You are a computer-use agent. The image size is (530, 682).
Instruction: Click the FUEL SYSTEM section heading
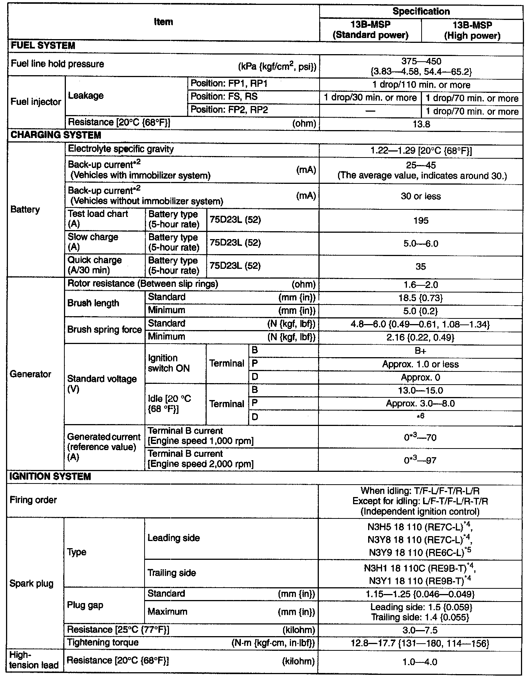click(43, 46)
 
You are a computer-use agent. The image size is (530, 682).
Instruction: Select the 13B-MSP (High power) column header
click(472, 30)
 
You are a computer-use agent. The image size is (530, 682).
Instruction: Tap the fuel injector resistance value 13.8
click(421, 124)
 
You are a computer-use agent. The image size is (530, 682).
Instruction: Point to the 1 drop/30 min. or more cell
click(370, 98)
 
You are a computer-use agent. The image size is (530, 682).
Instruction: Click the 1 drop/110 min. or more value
click(421, 85)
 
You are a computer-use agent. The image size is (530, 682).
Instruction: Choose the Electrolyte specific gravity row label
click(121, 149)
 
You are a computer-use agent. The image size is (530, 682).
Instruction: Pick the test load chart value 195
click(421, 220)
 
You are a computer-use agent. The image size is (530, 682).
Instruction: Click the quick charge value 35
click(421, 267)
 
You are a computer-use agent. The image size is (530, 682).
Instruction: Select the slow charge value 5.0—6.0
click(421, 244)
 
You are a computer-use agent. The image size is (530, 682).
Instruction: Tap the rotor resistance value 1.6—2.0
click(421, 285)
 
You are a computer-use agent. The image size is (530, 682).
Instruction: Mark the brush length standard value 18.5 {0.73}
click(421, 298)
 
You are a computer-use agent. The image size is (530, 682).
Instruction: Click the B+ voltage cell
click(421, 351)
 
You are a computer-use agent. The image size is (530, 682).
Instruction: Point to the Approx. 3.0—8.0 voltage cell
click(421, 404)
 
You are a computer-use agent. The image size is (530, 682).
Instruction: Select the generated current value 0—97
click(421, 460)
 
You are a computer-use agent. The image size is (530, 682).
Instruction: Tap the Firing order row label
click(34, 500)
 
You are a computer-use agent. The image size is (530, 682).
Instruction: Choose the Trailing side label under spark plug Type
click(172, 573)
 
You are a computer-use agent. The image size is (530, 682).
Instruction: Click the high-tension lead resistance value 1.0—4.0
click(420, 662)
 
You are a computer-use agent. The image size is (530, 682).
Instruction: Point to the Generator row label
click(30, 374)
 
